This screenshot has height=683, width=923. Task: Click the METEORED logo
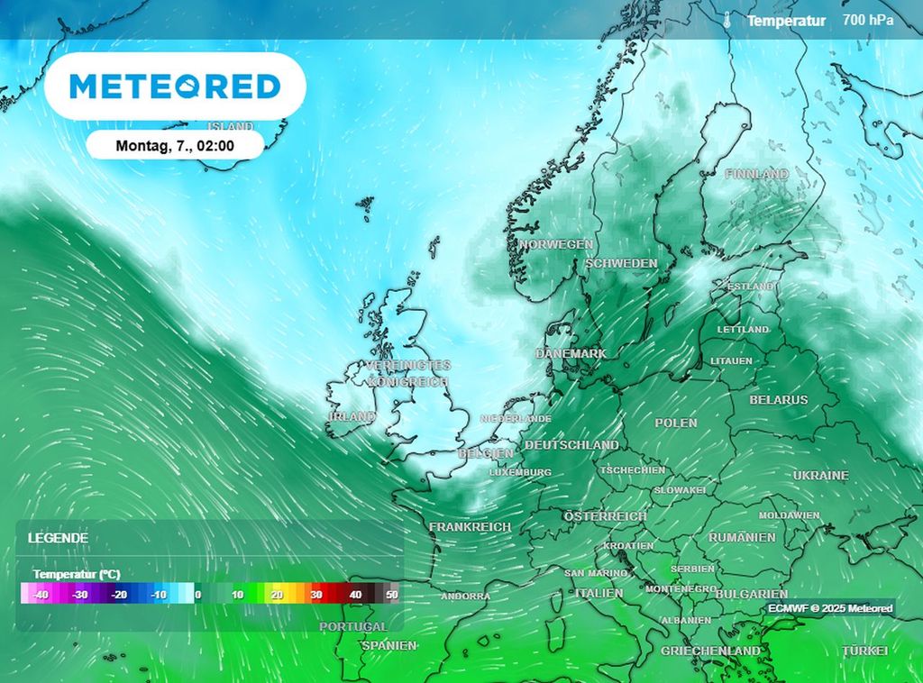[175, 87]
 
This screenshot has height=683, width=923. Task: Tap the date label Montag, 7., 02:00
[176, 145]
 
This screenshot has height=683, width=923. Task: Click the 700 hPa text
[868, 19]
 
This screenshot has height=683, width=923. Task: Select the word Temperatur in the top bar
[786, 20]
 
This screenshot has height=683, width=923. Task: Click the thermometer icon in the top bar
[727, 20]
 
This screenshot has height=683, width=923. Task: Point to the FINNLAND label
[756, 174]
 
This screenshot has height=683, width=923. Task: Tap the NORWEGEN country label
[555, 244]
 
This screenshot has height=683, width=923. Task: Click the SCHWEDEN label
[621, 263]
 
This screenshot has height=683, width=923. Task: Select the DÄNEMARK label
[571, 354]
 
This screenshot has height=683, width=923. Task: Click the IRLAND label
[352, 417]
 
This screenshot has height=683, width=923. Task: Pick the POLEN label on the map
[676, 423]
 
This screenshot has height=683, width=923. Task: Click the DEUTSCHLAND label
[571, 445]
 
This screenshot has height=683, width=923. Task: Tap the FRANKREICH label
[470, 526]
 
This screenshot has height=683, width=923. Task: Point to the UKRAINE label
[820, 475]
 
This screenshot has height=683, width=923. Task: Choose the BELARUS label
[779, 399]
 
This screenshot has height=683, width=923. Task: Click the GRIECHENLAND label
[710, 651]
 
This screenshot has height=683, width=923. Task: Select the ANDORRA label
[466, 596]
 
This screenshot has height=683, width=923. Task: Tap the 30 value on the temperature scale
[316, 595]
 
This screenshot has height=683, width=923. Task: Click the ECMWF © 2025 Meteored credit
[831, 609]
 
